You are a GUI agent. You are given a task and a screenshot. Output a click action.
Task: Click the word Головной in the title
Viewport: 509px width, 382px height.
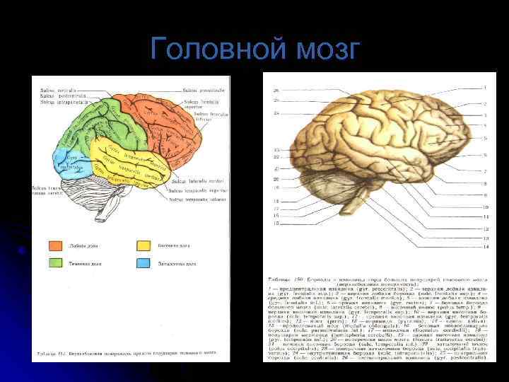(206, 50)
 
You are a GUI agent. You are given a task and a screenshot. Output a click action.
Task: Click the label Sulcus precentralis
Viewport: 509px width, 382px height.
(205, 91)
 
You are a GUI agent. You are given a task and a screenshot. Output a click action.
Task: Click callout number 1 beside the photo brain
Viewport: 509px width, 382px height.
(485, 88)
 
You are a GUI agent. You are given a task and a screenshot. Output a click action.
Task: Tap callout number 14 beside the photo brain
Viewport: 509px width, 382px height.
(485, 247)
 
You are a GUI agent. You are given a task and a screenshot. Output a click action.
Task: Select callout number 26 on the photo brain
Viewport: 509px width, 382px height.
(276, 91)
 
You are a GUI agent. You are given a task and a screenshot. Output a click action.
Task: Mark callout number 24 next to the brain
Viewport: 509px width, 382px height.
(276, 112)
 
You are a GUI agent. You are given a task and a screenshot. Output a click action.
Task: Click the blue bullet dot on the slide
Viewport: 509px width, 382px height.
(23, 250)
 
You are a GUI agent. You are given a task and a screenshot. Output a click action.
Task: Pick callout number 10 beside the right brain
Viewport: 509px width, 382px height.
(485, 207)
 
